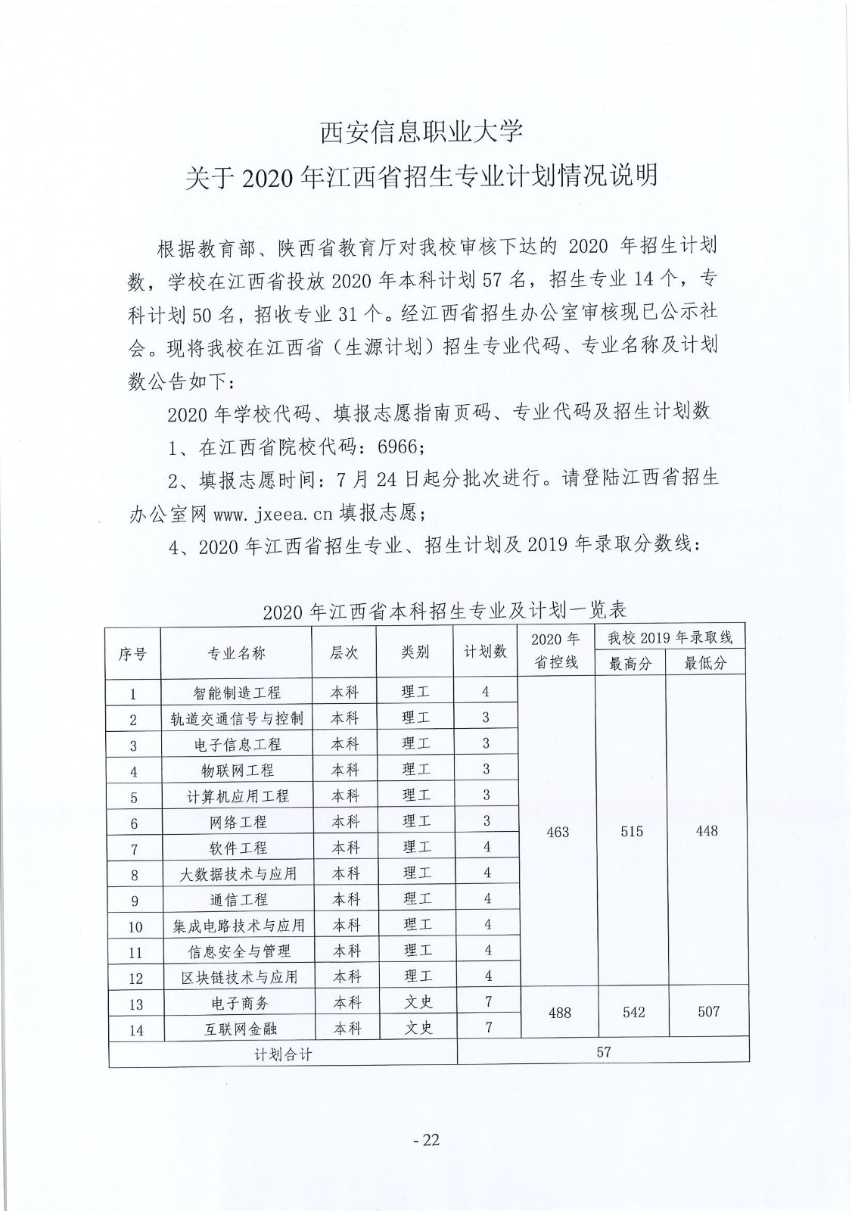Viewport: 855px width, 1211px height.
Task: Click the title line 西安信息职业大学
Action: coord(421,132)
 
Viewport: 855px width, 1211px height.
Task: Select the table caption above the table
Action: coord(445,611)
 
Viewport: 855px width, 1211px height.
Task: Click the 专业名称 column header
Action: coord(237,653)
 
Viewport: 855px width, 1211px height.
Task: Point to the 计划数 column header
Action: coord(485,651)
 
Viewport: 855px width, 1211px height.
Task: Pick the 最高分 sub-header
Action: coord(630,664)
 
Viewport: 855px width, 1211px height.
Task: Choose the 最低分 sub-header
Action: coord(705,664)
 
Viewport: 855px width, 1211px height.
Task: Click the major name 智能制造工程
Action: coord(237,693)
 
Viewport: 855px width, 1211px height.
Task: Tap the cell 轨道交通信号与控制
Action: coord(237,718)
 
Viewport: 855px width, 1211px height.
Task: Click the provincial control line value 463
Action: coord(558,833)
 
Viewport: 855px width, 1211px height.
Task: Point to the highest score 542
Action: coord(633,1012)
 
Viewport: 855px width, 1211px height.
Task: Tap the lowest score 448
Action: coord(707,831)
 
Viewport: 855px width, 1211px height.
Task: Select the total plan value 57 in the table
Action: coord(603,1051)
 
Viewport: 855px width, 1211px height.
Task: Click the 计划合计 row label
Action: coord(283,1054)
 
